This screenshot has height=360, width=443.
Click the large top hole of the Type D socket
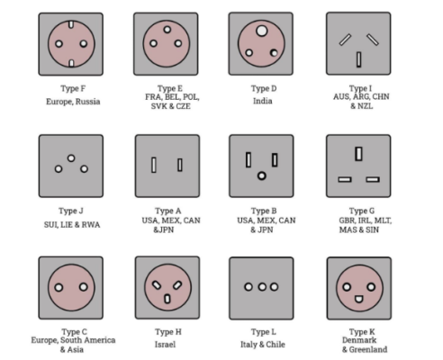262,31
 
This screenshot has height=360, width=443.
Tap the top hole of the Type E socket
167,30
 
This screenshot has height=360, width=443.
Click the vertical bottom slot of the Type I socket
358,59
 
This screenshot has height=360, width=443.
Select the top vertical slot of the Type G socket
358,154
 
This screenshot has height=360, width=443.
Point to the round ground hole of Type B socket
262,175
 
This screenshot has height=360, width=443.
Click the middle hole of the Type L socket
262,287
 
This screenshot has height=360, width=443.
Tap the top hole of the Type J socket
71,158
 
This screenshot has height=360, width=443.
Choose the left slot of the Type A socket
154,165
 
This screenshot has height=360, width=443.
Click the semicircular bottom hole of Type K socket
358,299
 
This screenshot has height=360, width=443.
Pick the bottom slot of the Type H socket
167,299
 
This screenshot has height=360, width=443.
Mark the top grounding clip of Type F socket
71,24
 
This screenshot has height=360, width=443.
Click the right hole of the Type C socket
84,287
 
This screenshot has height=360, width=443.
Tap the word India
263,101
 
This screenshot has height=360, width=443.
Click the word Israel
165,345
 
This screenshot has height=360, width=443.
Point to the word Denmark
359,340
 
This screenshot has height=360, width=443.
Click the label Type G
362,211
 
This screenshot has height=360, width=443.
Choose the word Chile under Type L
275,345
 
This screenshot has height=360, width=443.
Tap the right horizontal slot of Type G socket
373,179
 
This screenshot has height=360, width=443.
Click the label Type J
71,211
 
